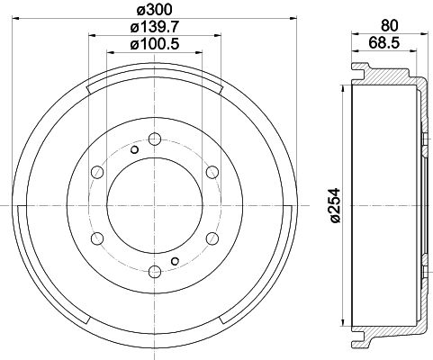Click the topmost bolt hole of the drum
click(154, 139)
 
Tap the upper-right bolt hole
click(212, 172)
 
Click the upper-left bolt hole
click(96, 172)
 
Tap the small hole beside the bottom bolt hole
click(175, 261)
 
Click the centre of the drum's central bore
click(154, 206)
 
